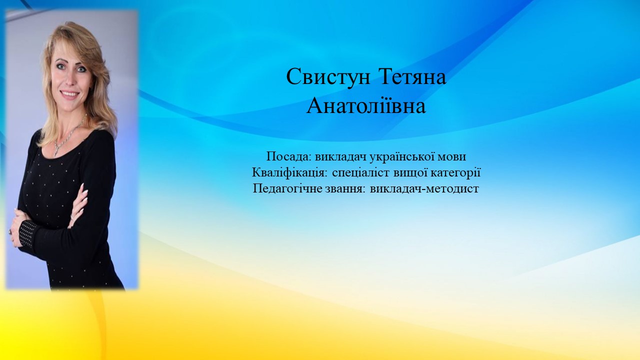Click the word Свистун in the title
tap(328, 77)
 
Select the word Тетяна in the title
tap(412, 76)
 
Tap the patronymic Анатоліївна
tap(366, 105)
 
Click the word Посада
tap(289, 157)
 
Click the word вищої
tap(410, 173)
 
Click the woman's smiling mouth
tap(69, 94)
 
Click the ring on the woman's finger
tap(11, 231)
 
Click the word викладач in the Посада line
tap(340, 157)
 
